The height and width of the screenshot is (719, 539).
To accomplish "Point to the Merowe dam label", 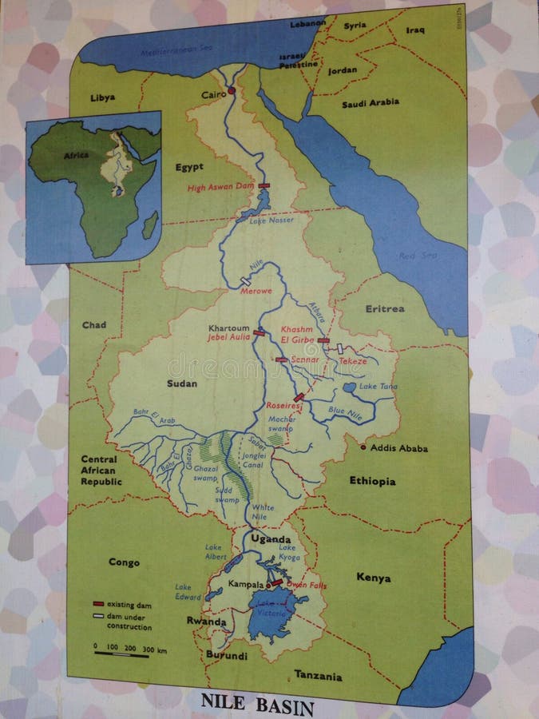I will click(x=257, y=291).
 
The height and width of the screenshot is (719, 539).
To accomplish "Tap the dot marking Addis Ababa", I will click(x=363, y=447).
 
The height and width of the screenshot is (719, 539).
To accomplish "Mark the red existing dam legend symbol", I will click(x=100, y=606).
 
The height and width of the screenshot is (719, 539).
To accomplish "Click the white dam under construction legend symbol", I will click(x=100, y=616).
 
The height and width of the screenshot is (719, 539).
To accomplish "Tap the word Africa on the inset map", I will click(x=77, y=156).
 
